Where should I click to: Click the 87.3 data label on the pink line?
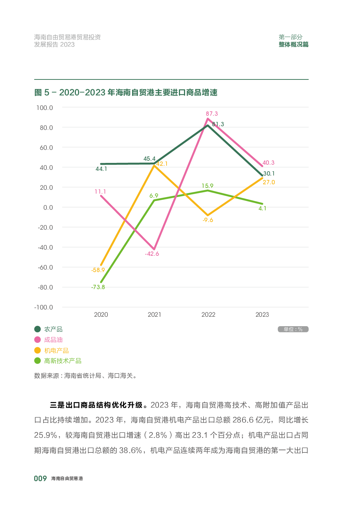click(x=212, y=114)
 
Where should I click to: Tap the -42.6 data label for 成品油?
click(x=152, y=254)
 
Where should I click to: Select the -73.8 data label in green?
click(x=98, y=287)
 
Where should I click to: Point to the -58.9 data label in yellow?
click(x=98, y=270)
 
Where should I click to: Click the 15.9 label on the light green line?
click(x=208, y=186)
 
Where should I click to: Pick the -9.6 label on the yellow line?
click(x=208, y=220)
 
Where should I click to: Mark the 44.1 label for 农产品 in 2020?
click(x=101, y=169)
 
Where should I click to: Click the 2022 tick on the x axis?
click(x=208, y=315)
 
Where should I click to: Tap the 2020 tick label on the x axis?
click(x=101, y=315)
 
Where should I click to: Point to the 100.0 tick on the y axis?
click(x=45, y=108)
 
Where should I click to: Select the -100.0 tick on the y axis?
click(x=44, y=307)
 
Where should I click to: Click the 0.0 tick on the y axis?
click(x=48, y=208)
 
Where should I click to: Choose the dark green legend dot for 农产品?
click(x=37, y=329)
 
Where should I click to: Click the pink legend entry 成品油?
click(x=53, y=340)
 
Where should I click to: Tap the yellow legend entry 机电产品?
click(x=56, y=350)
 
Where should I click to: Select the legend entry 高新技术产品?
click(x=62, y=361)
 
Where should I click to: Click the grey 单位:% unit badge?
click(x=293, y=329)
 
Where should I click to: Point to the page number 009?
click(x=40, y=479)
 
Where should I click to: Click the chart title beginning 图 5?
click(x=126, y=93)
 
